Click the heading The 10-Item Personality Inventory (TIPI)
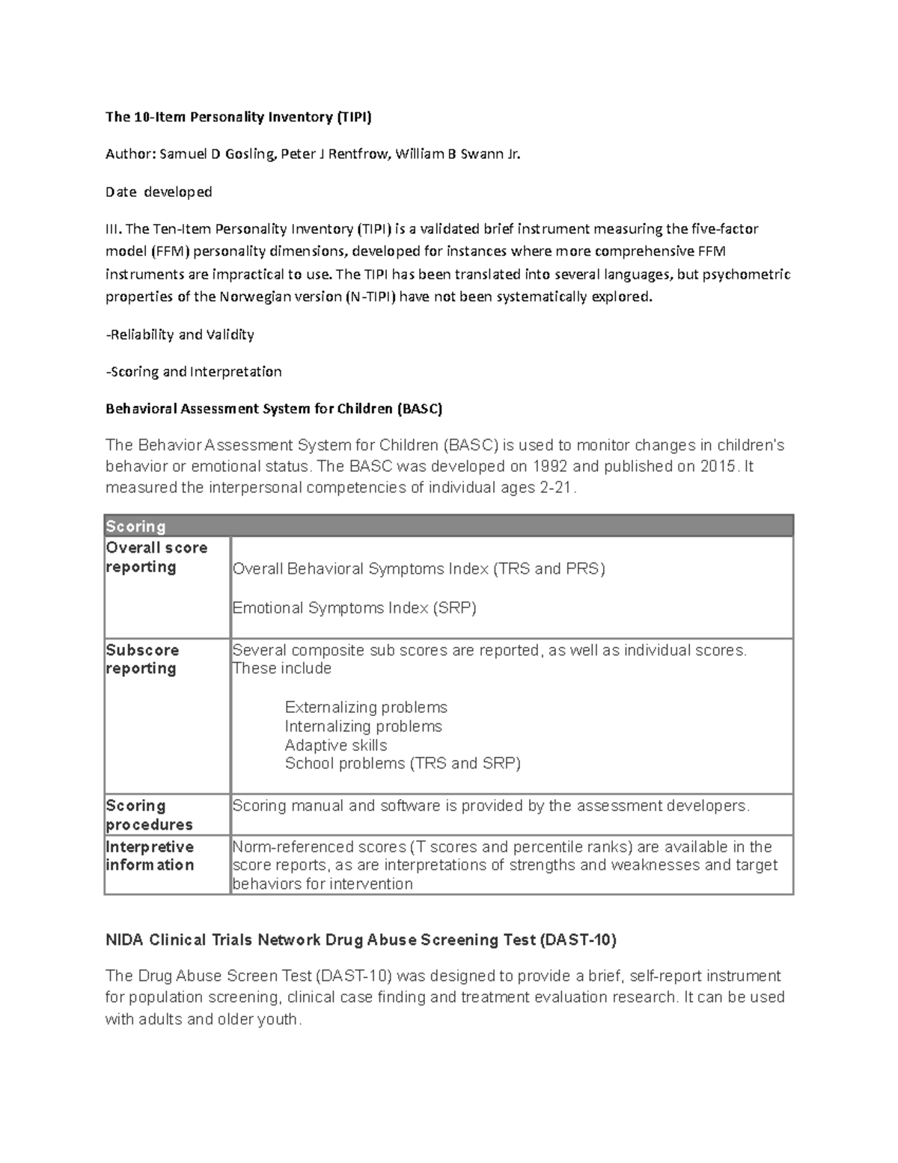click(x=238, y=117)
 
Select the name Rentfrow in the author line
click(x=362, y=154)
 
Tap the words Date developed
click(x=159, y=192)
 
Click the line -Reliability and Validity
click(x=180, y=335)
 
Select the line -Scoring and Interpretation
click(x=193, y=371)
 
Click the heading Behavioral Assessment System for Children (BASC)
click(x=274, y=409)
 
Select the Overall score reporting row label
click(x=156, y=557)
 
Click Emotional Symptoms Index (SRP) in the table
click(x=354, y=608)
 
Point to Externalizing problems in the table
click(x=366, y=707)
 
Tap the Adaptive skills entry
click(x=336, y=745)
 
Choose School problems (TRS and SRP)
click(x=403, y=763)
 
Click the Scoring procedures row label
click(x=149, y=815)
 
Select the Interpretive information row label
click(x=150, y=856)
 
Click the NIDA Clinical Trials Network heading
click(x=361, y=940)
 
